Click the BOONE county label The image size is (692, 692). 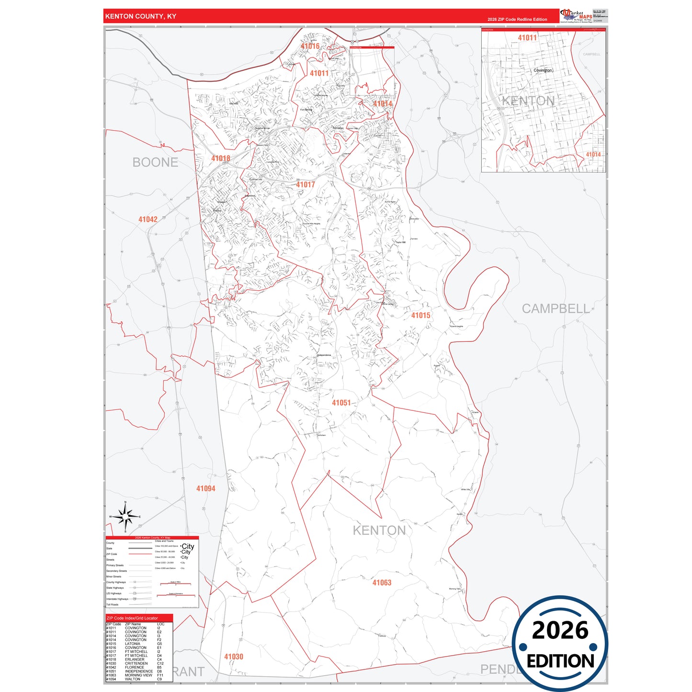click(x=155, y=162)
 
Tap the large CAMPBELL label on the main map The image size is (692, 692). click(x=556, y=309)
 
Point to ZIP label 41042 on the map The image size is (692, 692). click(x=148, y=219)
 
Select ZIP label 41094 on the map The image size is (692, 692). click(x=206, y=488)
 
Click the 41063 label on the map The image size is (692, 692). click(x=382, y=583)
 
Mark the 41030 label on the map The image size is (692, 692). click(x=234, y=657)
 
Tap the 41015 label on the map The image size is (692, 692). click(x=420, y=315)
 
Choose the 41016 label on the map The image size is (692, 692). click(x=310, y=46)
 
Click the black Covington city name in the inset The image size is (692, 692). click(x=543, y=70)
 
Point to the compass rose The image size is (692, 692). click(x=125, y=517)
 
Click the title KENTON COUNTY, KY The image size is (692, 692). click(x=141, y=16)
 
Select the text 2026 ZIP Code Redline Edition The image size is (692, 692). click(x=517, y=20)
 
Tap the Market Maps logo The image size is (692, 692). click(x=576, y=15)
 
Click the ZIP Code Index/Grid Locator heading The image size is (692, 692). click(x=132, y=618)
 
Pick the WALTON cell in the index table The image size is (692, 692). click(x=133, y=679)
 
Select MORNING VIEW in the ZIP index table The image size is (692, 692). click(x=138, y=675)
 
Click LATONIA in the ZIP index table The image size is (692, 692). click(x=133, y=644)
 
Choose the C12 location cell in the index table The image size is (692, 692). click(x=160, y=663)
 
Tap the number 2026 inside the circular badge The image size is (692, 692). click(x=560, y=630)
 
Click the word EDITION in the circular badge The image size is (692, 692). click(x=560, y=661)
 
